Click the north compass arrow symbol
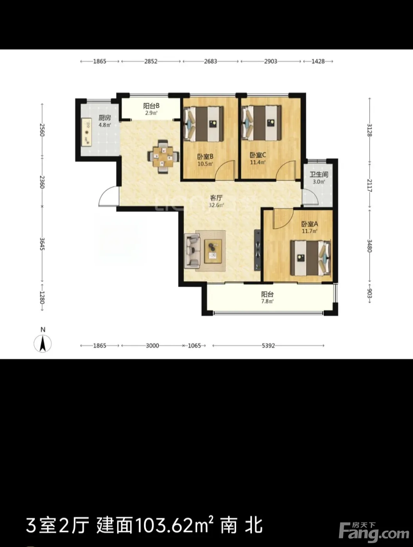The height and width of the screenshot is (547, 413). coord(43,344)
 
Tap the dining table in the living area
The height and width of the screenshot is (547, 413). coord(163,157)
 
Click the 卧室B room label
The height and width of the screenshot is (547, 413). coord(205,157)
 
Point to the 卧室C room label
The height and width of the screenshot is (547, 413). coord(258,155)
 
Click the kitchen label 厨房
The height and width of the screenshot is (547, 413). coord(104,117)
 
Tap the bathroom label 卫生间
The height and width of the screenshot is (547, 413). coord(319,174)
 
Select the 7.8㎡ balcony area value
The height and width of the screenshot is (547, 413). coord(268,301)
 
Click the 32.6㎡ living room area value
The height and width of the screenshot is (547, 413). coord(216,205)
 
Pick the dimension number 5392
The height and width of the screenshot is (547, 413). coord(268,346)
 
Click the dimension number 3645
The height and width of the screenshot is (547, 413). coord(42,244)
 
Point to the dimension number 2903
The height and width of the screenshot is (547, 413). coord(271,61)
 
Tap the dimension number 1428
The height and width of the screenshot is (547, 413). coord(318,61)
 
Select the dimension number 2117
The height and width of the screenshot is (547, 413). coord(370,186)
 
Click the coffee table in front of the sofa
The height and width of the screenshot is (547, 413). coord(213,251)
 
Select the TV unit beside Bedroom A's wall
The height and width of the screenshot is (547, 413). coord(257,250)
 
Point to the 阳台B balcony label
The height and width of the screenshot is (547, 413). coord(151,105)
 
